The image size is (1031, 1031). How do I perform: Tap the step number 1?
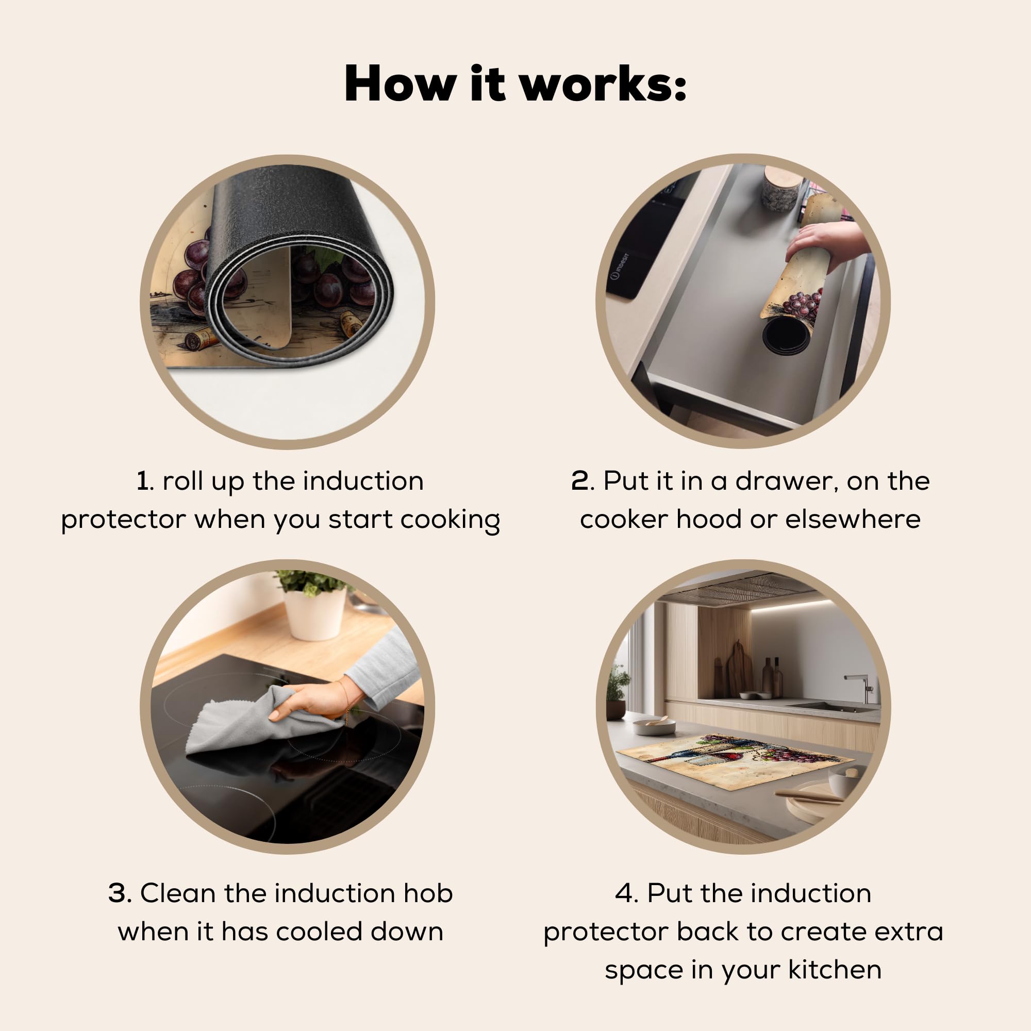coord(142,481)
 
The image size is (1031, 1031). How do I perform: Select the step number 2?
coord(580,481)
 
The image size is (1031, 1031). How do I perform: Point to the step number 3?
coord(119,893)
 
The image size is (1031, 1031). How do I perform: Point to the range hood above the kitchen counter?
coord(742,589)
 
